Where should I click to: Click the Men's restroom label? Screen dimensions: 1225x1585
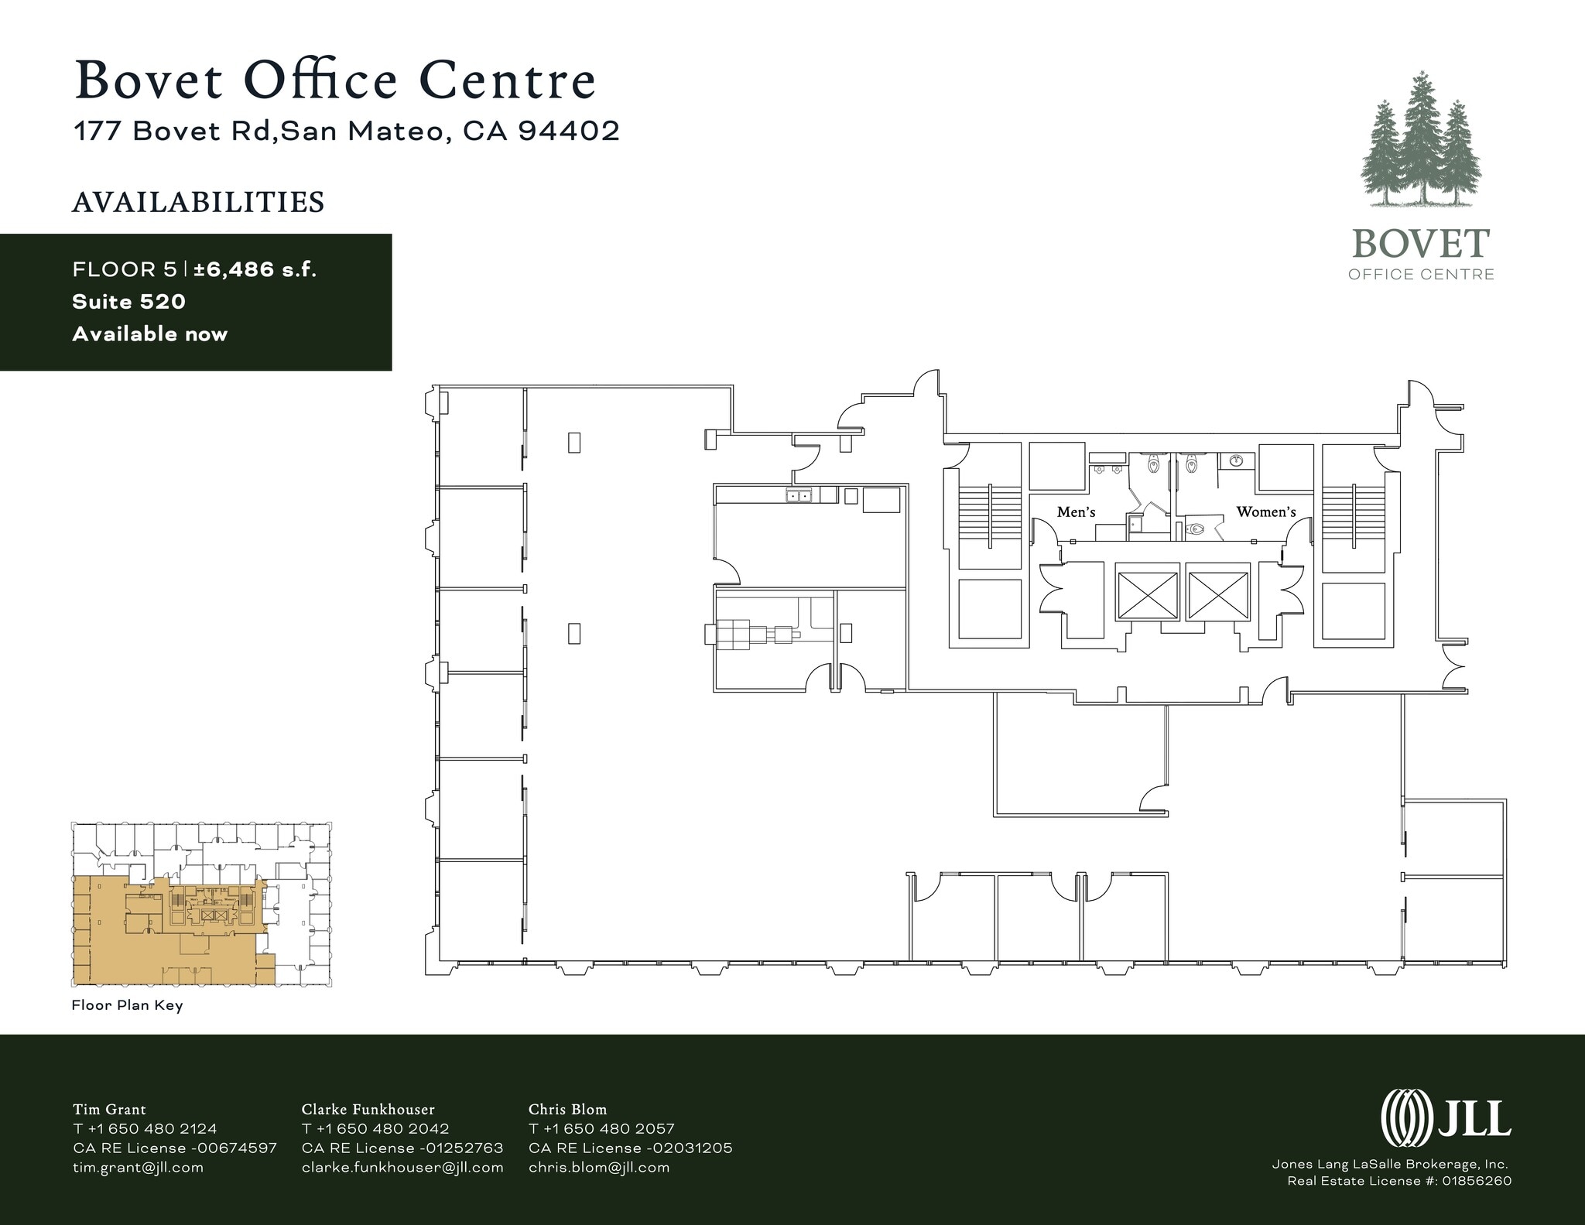1076,512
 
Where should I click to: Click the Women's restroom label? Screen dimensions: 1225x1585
1265,512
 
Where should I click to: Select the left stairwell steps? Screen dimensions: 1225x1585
990,514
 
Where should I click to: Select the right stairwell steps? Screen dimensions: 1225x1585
1353,514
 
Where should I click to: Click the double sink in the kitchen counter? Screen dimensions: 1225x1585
799,496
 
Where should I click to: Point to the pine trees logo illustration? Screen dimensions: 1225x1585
1421,143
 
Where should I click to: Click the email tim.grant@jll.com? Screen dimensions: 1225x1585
138,1168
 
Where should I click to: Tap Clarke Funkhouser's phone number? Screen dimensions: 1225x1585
375,1129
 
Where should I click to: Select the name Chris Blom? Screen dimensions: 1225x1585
567,1110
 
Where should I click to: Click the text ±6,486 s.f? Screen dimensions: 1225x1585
255,269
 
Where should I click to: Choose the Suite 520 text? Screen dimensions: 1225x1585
128,302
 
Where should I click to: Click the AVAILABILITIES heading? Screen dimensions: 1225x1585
198,203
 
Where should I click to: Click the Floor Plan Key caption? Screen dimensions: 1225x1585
127,1006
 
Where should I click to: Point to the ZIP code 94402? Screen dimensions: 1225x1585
569,132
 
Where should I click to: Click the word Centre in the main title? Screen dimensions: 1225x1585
508,80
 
